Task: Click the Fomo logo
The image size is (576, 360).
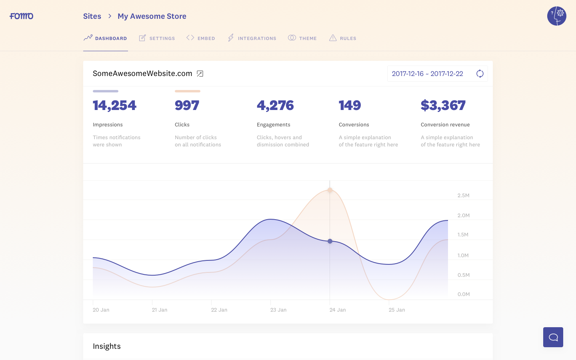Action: [22, 16]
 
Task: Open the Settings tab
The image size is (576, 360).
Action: [157, 38]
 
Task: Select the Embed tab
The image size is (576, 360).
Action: [201, 38]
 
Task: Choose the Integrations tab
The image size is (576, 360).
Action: [252, 38]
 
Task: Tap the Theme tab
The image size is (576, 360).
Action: [302, 38]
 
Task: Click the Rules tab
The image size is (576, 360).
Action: [343, 38]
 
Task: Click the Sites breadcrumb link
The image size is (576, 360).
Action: [92, 16]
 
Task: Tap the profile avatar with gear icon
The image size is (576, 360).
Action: [556, 16]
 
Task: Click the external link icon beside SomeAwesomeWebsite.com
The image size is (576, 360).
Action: [200, 74]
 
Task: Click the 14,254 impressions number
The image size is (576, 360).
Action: [114, 106]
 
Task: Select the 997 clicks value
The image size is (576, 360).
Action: [187, 106]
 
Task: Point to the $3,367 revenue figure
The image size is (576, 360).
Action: [443, 106]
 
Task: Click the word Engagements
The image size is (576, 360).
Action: [274, 125]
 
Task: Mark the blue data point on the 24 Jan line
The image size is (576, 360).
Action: [330, 241]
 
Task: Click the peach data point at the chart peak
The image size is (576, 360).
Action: [330, 190]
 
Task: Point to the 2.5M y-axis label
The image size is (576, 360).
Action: [463, 196]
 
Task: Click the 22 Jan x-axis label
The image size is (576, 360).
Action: [219, 310]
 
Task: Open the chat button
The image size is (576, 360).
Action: [553, 337]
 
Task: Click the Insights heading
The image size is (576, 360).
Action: [107, 346]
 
